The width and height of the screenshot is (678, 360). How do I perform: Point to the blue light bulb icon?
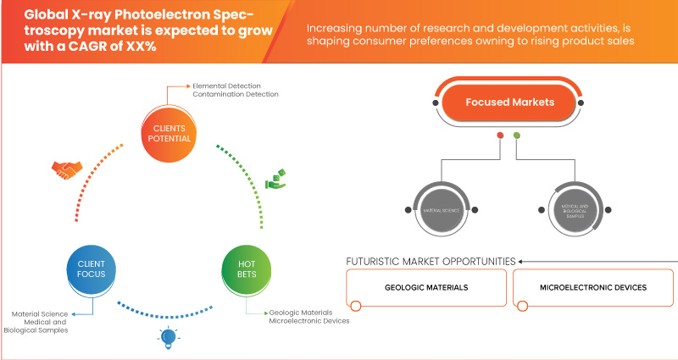(x=165, y=339)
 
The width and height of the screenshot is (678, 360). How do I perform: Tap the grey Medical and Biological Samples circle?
(x=568, y=208)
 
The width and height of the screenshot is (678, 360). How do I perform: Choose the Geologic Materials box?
(x=426, y=288)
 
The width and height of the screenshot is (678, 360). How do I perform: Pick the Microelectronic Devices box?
(x=592, y=288)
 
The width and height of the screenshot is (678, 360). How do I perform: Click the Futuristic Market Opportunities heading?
(x=430, y=261)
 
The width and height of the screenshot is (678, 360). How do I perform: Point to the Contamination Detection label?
(x=236, y=94)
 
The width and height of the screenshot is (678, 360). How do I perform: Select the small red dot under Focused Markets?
(x=501, y=135)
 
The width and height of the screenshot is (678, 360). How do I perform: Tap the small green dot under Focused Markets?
(x=516, y=135)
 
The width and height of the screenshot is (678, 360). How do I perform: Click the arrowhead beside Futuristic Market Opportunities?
(x=522, y=261)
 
